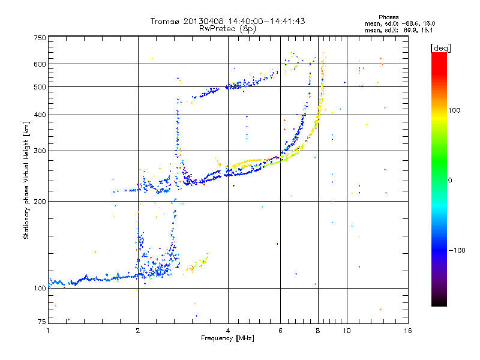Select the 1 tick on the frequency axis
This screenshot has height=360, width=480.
pos(49,331)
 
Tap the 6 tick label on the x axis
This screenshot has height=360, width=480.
pos(281,331)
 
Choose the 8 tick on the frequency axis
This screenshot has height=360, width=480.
pos(318,331)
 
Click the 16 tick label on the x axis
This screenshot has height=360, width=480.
pos(407,331)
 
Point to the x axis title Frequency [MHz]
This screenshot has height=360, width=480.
pos(227,338)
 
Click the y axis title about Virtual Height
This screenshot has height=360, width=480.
pos(26,180)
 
